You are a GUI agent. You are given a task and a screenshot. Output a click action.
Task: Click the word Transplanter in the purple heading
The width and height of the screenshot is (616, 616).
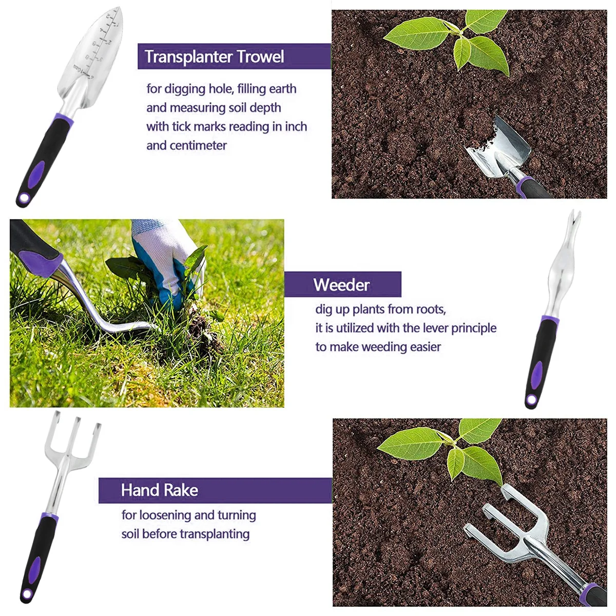tap(188, 57)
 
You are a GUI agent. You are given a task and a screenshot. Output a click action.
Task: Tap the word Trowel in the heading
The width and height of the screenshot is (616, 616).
tap(260, 56)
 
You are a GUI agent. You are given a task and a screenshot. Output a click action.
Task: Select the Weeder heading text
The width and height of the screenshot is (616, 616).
tap(341, 285)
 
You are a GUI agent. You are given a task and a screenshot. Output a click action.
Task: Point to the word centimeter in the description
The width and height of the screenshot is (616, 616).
tap(198, 146)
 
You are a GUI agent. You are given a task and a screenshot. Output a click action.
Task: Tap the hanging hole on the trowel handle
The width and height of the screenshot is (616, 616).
tap(24, 198)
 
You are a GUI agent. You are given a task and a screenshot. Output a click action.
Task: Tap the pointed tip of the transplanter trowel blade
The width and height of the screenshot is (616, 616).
tap(118, 8)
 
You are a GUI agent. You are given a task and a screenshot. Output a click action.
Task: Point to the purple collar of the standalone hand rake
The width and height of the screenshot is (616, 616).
tap(50, 516)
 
